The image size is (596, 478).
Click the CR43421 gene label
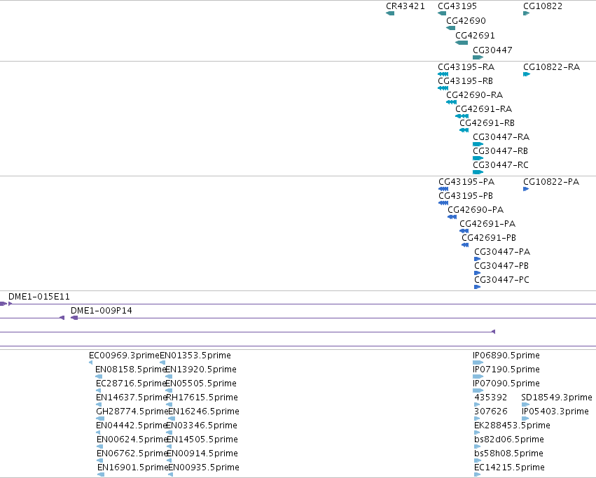(x=406, y=6)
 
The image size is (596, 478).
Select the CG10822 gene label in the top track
(x=542, y=6)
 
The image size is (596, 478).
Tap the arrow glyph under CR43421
(x=390, y=13)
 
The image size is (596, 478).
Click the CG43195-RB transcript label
(x=465, y=81)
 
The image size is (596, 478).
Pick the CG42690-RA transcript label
(x=474, y=95)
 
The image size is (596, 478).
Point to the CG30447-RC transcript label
(x=501, y=165)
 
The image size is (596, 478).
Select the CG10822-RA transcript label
(x=552, y=67)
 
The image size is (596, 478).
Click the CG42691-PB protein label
(x=489, y=238)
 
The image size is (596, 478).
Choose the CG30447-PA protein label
(x=502, y=251)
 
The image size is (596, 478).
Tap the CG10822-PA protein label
(x=551, y=182)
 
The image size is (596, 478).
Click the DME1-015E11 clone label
(x=39, y=296)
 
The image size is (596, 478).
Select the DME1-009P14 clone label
(x=102, y=311)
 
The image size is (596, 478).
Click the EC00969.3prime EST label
(x=124, y=356)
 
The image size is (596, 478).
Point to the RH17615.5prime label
(x=202, y=398)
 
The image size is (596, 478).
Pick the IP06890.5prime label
(x=506, y=356)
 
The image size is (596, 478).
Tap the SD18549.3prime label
(x=557, y=398)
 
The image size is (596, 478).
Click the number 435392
(x=491, y=398)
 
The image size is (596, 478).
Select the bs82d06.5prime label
(x=509, y=440)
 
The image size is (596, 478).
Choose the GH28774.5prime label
(x=132, y=412)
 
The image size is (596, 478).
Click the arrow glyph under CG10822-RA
(x=527, y=74)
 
